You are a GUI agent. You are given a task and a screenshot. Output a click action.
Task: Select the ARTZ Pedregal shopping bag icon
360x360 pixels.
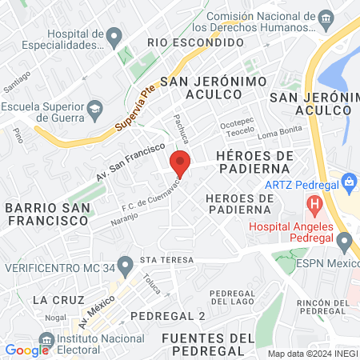click(x=349, y=182)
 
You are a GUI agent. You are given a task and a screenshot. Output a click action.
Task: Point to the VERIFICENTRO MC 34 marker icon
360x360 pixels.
click(x=124, y=263)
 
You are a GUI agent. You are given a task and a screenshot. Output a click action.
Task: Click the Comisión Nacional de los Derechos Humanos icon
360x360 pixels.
click(x=326, y=18)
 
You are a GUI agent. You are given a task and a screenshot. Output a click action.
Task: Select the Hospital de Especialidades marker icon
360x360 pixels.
click(x=114, y=35)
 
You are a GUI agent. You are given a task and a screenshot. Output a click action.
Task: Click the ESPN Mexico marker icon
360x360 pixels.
click(x=345, y=241)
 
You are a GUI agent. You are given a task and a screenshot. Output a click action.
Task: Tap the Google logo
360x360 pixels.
click(x=26, y=350)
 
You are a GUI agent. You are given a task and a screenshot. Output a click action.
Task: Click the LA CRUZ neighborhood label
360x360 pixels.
click(x=53, y=299)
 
